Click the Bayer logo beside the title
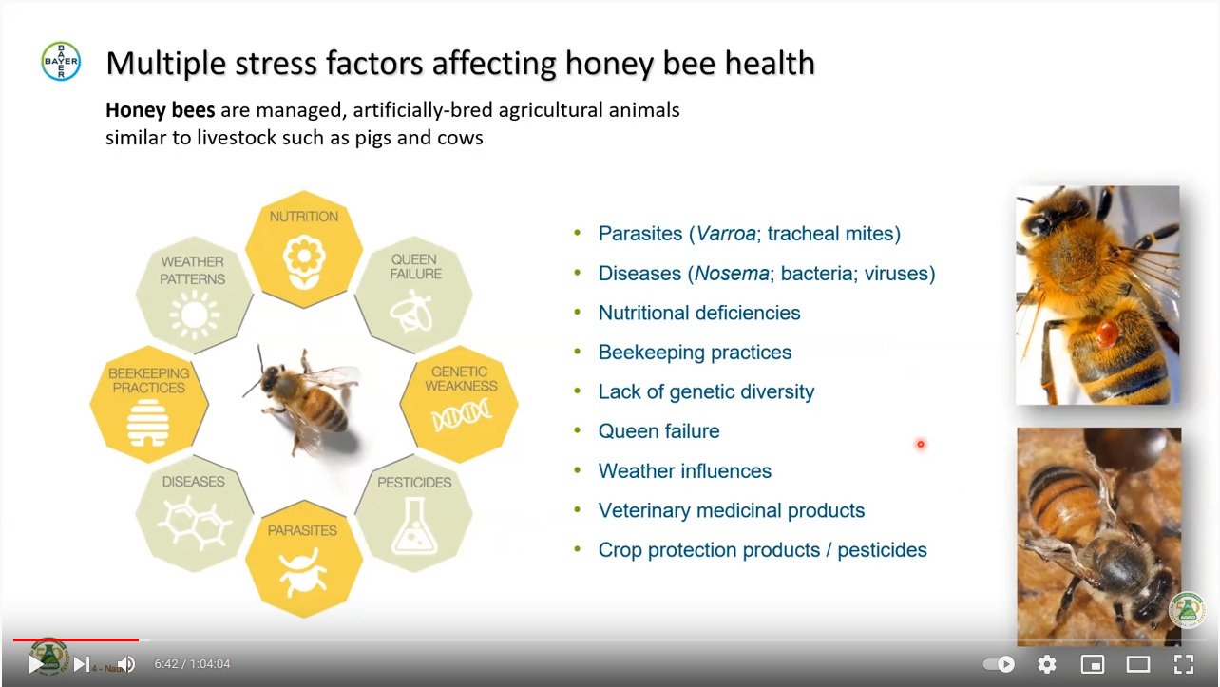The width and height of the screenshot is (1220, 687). click(x=61, y=61)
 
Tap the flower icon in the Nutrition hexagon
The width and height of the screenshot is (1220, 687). click(x=304, y=261)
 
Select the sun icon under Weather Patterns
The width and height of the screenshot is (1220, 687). click(x=194, y=315)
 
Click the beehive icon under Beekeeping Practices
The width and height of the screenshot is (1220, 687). click(x=148, y=423)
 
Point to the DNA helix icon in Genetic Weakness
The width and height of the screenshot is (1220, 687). click(x=461, y=416)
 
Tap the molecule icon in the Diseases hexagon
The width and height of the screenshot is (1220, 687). click(x=194, y=523)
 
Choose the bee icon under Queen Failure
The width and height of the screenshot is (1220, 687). click(x=411, y=311)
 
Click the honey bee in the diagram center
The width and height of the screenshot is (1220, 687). click(x=305, y=399)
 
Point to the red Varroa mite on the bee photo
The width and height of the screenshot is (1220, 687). click(x=1107, y=333)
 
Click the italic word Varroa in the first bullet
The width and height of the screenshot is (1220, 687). click(x=726, y=234)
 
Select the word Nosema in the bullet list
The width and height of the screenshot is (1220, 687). click(x=732, y=274)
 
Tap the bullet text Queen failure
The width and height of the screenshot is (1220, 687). click(x=659, y=431)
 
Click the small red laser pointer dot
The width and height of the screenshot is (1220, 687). click(x=921, y=444)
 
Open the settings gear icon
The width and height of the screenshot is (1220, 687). click(x=1046, y=664)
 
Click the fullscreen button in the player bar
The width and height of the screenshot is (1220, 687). click(x=1184, y=664)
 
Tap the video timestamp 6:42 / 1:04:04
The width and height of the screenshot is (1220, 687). click(x=192, y=663)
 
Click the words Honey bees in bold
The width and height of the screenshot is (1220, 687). click(x=161, y=110)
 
